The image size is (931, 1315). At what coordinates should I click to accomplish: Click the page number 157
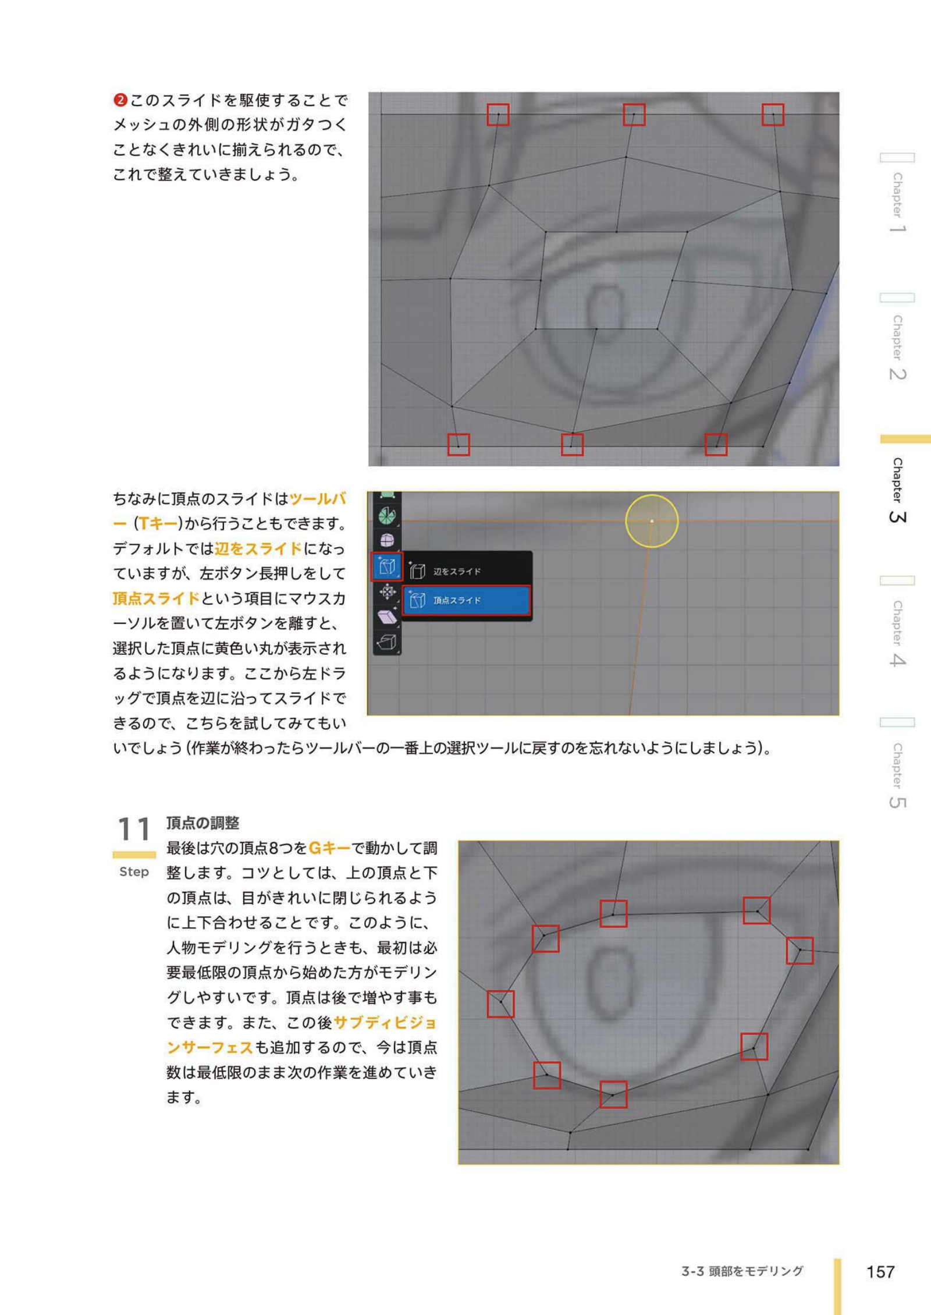[880, 1271]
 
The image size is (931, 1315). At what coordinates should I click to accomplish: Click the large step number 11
[134, 829]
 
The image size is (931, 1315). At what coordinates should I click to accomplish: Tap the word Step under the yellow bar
[134, 871]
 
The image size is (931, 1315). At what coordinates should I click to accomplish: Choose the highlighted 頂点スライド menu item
[466, 600]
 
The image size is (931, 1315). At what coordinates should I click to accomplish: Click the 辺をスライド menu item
[457, 572]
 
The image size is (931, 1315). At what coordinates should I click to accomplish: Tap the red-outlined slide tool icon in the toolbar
[387, 566]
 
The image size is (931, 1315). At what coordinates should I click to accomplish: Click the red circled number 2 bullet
[120, 100]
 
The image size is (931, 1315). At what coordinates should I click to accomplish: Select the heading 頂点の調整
[202, 823]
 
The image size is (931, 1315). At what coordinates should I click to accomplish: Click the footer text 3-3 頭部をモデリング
[742, 1271]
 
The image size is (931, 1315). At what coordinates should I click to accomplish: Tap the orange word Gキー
[329, 848]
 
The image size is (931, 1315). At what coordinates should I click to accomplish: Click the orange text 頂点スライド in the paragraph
[156, 598]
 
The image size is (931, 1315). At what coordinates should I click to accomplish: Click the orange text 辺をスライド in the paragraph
[258, 548]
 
